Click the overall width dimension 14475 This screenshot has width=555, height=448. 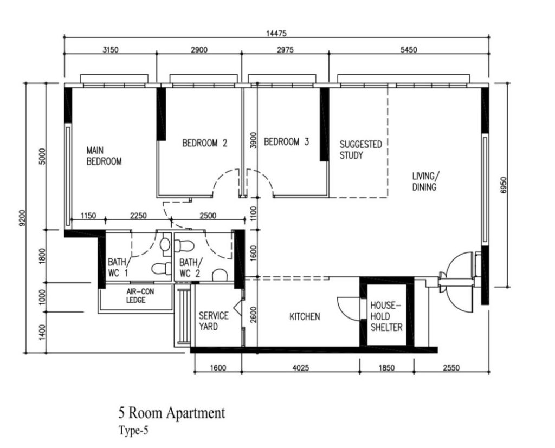tap(276, 34)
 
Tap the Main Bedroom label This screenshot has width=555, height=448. tap(104, 156)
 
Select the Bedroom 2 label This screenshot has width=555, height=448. tap(204, 143)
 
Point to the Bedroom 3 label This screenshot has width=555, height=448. tap(286, 142)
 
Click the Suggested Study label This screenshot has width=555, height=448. tap(360, 150)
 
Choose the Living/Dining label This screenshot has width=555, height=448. tap(426, 181)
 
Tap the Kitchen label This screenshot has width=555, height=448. tap(305, 316)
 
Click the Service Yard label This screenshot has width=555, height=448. tap(214, 321)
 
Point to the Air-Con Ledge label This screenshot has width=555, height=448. tap(135, 296)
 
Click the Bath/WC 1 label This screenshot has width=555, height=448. tap(118, 268)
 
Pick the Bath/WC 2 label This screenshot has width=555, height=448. tap(190, 268)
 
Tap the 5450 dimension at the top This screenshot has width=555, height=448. tap(409, 50)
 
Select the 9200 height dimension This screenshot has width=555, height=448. tap(23, 218)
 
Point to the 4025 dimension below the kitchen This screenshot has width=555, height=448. tap(300, 368)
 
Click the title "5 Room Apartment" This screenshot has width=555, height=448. tap(172, 413)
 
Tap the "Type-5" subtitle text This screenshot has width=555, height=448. tap(133, 431)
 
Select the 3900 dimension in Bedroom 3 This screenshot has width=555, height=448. tap(253, 140)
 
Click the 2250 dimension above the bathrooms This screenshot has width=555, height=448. tap(138, 216)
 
